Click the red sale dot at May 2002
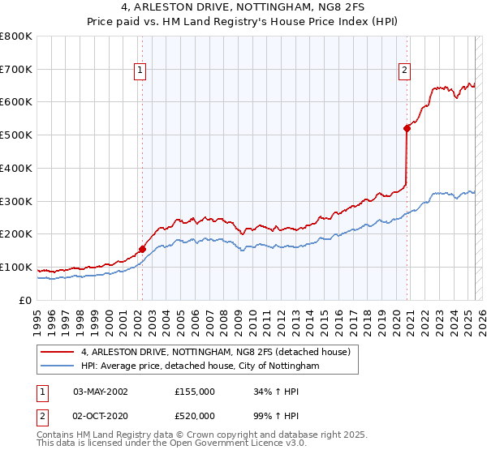point(142,249)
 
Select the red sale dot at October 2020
point(407,127)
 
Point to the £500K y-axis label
point(15,135)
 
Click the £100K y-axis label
point(15,267)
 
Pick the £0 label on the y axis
point(26,300)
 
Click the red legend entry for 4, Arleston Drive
point(215,352)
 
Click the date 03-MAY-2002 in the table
point(101,392)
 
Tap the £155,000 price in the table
point(195,392)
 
